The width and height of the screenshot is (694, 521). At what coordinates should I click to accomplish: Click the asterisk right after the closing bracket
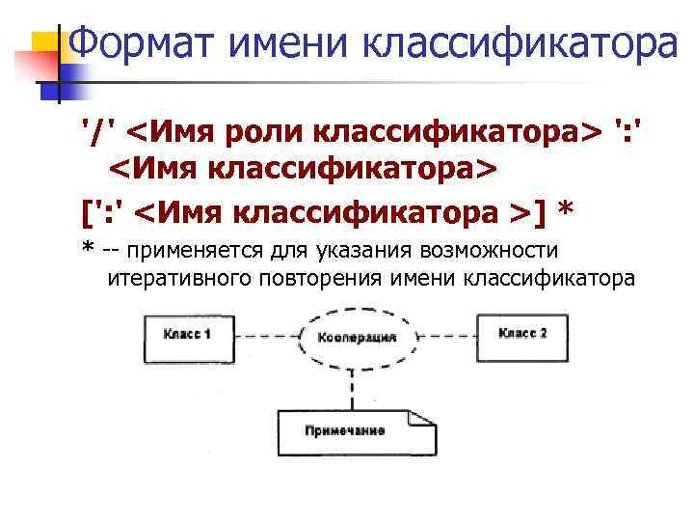tap(566, 206)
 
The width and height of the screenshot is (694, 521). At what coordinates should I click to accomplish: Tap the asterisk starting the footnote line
tap(88, 249)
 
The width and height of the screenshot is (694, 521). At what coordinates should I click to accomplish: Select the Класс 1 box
tap(187, 335)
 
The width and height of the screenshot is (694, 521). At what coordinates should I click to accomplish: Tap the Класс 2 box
tap(522, 334)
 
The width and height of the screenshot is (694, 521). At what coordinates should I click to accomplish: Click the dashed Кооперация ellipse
tap(356, 339)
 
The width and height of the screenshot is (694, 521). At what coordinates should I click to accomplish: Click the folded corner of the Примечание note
tap(415, 418)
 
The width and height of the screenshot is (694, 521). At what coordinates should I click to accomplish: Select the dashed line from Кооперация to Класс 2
tap(451, 336)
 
